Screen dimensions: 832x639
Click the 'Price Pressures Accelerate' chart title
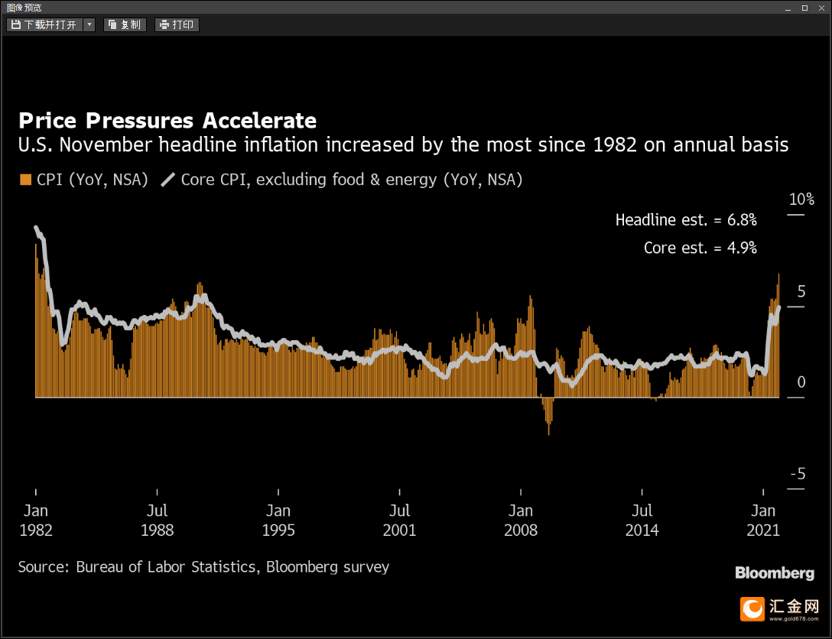point(167,121)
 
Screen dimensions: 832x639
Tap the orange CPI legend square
point(25,180)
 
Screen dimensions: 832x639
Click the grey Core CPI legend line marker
point(167,180)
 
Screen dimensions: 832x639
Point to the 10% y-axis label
point(801,199)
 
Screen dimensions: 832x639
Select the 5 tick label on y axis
point(801,291)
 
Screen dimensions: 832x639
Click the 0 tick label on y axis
point(801,382)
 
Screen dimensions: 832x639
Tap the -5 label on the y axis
point(798,474)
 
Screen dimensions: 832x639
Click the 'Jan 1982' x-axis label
point(35,521)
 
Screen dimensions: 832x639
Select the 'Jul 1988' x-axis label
point(157,521)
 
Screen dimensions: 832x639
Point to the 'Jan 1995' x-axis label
point(278,521)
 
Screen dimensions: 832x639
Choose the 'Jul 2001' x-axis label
point(399,521)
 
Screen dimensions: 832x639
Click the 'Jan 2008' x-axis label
point(521,521)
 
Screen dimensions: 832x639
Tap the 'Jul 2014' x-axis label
point(642,521)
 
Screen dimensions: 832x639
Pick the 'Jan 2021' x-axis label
point(763,521)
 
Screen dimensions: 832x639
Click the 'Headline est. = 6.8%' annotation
point(686,220)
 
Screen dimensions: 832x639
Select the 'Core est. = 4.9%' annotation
point(700,248)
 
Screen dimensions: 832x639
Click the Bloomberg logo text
point(775,573)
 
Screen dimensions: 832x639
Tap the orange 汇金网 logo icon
point(752,608)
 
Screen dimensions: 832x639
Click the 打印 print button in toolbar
point(177,25)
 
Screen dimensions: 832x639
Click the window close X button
point(821,8)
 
